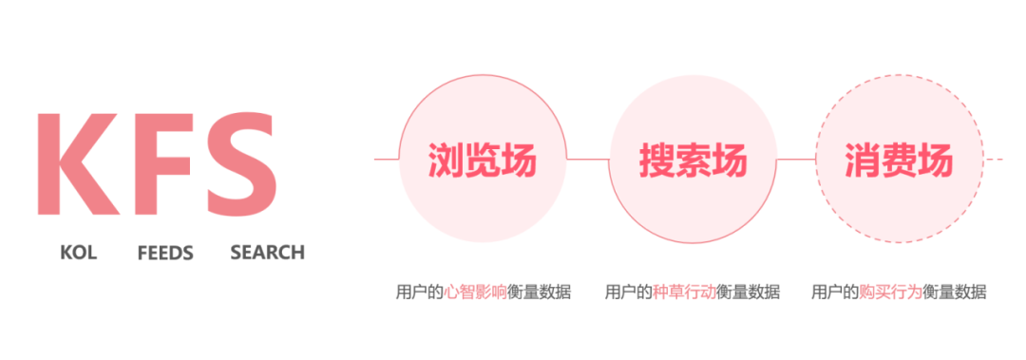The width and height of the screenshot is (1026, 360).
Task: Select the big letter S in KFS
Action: point(240,163)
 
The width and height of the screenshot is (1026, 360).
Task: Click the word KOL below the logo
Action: point(78,253)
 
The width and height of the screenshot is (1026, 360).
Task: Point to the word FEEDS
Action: point(165,253)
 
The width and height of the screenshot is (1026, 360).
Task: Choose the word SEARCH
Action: point(267,253)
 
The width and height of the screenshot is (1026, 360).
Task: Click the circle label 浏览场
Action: point(482,161)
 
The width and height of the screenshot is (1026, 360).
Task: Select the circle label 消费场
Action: point(898,161)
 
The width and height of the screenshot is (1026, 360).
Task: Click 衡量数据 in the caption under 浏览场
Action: point(540,292)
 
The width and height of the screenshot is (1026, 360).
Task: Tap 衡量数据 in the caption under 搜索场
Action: point(749,292)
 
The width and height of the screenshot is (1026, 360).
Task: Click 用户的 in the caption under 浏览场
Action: point(419,292)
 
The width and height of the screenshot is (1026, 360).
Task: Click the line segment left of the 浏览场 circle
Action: point(386,160)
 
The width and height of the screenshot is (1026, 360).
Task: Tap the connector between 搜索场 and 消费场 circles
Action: point(796,160)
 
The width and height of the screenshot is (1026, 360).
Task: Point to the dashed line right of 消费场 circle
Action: point(994,160)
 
